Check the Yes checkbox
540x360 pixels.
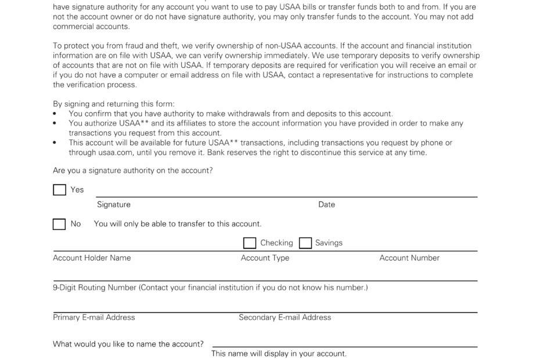tap(59, 190)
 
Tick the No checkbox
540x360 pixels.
tap(59, 224)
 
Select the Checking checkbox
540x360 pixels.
tap(250, 243)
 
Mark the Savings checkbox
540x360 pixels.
tap(305, 243)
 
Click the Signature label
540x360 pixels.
tap(114, 204)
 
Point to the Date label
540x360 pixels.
tap(326, 204)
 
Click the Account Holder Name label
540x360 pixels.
tap(92, 258)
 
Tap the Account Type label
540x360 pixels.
tap(265, 258)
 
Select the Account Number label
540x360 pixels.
tap(409, 258)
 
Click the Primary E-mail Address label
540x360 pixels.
tap(94, 318)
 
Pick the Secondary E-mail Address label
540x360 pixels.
tap(285, 318)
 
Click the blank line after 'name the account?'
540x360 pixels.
tap(345, 345)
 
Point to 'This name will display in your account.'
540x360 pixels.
tap(279, 354)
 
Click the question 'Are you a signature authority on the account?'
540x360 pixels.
tap(133, 171)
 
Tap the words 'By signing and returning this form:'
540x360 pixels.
tap(114, 104)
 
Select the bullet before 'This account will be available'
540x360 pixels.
tap(55, 143)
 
